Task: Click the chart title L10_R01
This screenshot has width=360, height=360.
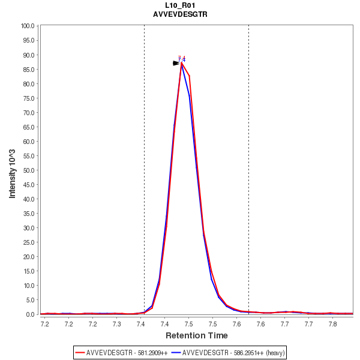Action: (x=180, y=5)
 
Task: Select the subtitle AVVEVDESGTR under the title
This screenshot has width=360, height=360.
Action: (x=180, y=14)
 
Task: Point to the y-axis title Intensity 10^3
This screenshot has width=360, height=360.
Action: (x=13, y=170)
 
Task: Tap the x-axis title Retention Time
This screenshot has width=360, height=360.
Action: (x=197, y=335)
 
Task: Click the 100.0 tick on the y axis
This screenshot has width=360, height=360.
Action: (x=28, y=26)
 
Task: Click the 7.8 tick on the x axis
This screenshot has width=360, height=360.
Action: (x=333, y=324)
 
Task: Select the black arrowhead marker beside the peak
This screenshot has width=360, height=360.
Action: (x=176, y=63)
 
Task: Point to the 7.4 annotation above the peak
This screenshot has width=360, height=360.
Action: (x=182, y=59)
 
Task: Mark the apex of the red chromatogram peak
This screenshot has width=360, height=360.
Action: (x=182, y=64)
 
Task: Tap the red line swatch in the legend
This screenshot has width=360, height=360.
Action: (x=80, y=352)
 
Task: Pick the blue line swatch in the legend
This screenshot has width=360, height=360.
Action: (x=176, y=352)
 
